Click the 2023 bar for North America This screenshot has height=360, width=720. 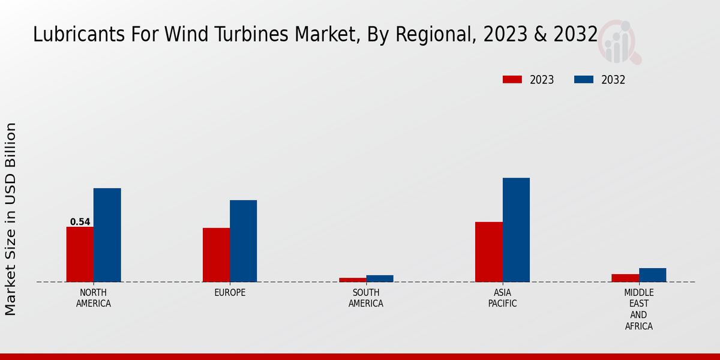(x=80, y=254)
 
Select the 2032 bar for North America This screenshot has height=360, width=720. (x=107, y=235)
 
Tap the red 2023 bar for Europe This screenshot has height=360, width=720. (x=216, y=255)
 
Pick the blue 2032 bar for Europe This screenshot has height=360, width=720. (x=243, y=241)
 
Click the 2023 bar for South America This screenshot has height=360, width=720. (x=352, y=280)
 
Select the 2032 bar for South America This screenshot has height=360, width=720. (x=380, y=278)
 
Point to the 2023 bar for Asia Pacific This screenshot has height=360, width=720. (x=488, y=252)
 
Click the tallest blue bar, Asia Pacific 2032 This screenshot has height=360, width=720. (x=516, y=230)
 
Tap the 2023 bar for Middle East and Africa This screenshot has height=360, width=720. (x=625, y=278)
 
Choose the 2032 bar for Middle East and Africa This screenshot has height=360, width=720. (x=652, y=275)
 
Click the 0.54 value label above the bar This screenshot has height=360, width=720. (x=80, y=222)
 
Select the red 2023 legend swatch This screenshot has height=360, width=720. (x=512, y=80)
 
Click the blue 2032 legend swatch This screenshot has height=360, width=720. (x=584, y=80)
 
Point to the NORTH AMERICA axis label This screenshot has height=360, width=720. (x=94, y=298)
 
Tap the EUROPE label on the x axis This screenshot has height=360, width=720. (x=230, y=293)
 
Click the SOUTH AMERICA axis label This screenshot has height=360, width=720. (x=366, y=298)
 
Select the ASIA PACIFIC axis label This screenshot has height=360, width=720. (x=502, y=298)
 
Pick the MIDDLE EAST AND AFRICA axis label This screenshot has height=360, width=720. (x=638, y=310)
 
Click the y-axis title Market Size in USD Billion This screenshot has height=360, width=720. (x=11, y=219)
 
